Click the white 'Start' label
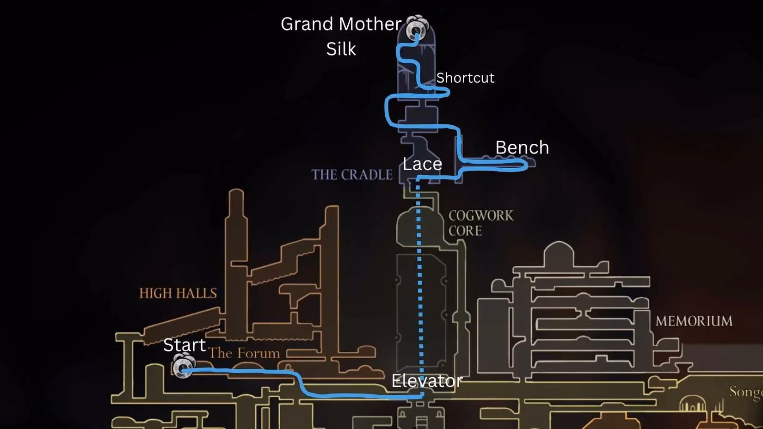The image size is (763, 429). coord(185,345)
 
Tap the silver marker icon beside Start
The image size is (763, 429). coord(183,365)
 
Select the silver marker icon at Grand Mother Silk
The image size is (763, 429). coord(417,28)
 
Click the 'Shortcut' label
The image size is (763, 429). coord(465,78)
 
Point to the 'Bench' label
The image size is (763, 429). coord(522,147)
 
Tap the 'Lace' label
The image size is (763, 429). coord(422,164)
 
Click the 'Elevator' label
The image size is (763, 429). coord(427,380)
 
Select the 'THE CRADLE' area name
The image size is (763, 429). coord(352,175)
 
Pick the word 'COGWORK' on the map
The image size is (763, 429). coord(481,215)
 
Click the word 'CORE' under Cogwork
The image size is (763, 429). coord(465,231)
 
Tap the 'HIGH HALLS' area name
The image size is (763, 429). coord(178,293)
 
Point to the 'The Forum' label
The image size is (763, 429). coord(244,353)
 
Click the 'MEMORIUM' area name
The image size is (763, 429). coord(694,321)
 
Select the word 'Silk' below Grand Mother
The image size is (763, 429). coord(341,49)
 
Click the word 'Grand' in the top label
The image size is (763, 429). coord(307,24)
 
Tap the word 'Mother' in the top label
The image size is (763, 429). coord(370,24)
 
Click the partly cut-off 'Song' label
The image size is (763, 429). coord(746,392)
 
